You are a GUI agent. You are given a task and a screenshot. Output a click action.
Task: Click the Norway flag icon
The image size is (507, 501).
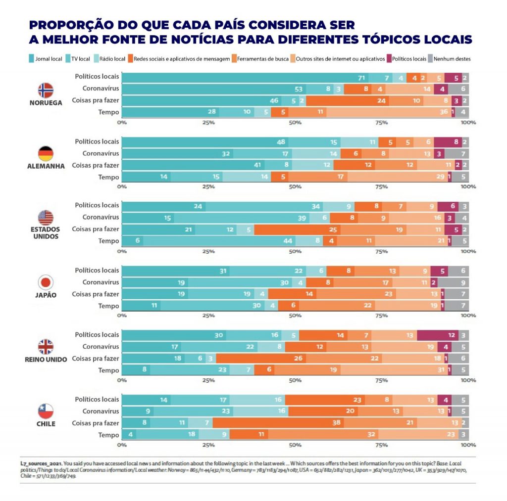click(46, 90)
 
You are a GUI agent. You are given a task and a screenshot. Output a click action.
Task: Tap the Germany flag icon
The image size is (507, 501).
click(46, 153)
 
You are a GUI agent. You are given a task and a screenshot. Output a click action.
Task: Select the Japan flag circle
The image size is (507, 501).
click(46, 282)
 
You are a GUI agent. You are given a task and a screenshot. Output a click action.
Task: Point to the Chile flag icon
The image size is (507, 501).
click(46, 411)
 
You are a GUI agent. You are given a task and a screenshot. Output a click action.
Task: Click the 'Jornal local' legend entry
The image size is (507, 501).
click(46, 59)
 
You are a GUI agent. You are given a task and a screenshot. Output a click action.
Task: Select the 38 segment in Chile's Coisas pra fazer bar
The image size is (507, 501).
click(279, 423)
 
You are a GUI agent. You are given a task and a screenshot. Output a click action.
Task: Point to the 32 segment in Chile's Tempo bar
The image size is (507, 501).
click(323, 435)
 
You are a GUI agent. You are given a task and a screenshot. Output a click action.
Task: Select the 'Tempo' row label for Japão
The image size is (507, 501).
click(108, 306)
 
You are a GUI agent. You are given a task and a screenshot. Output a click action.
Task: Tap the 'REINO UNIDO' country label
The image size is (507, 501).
click(46, 359)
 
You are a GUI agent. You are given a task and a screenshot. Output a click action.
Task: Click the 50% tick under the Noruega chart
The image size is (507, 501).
click(295, 122)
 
